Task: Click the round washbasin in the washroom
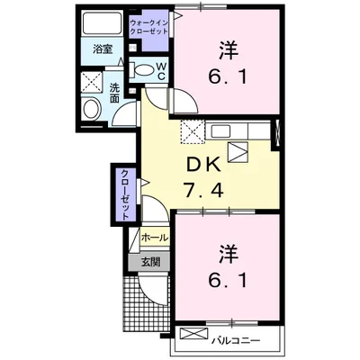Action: [x=92, y=110]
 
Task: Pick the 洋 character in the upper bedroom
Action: [x=226, y=48]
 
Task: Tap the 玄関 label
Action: [x=149, y=262]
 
